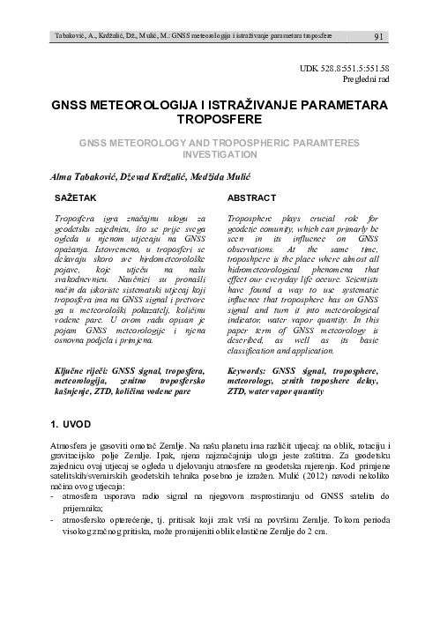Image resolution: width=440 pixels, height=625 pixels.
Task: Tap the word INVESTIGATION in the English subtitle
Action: (x=220, y=152)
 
